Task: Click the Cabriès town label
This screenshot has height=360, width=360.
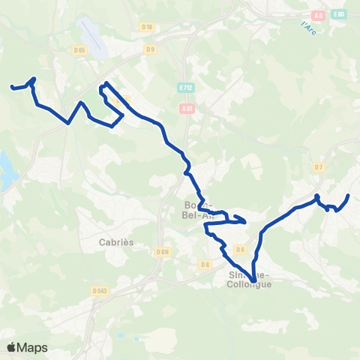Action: pos(111,241)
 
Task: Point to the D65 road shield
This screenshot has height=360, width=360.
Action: pos(79,50)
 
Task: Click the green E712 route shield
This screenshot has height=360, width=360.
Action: pos(187,88)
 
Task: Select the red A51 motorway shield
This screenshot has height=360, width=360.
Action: pos(187,108)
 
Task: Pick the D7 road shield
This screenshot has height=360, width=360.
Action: pos(318,166)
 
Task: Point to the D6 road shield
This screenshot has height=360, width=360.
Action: pos(241,249)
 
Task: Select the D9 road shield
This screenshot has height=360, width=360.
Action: pos(151,49)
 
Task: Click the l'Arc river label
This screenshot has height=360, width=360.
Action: pos(307,28)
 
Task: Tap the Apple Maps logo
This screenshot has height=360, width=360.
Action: pos(27,347)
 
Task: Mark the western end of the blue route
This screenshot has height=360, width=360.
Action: pos(11,88)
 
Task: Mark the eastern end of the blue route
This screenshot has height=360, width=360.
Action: pos(349,196)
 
